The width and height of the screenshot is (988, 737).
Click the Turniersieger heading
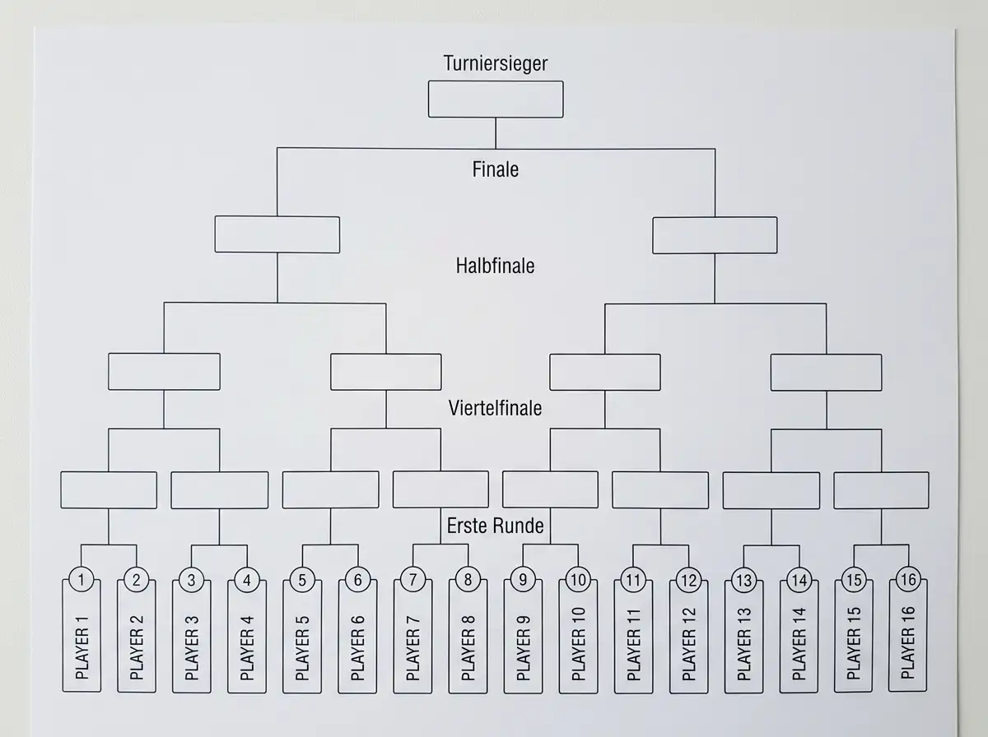tap(496, 63)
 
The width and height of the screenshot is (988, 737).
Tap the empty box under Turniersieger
tap(496, 100)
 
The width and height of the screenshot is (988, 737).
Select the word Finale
tap(495, 169)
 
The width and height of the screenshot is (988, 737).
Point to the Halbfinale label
tap(495, 266)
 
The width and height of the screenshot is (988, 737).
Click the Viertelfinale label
tap(495, 408)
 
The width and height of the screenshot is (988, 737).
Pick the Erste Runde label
tap(495, 526)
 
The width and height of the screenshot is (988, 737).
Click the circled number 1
tap(82, 580)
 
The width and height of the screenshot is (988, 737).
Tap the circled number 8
tap(468, 579)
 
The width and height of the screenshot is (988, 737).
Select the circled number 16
tap(908, 579)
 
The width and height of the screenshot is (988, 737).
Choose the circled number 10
tap(579, 580)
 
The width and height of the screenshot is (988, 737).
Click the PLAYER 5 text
tap(302, 648)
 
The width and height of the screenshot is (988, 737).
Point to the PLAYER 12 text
tap(688, 644)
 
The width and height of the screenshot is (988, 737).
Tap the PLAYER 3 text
tap(192, 648)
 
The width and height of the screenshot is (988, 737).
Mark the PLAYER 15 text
tap(854, 643)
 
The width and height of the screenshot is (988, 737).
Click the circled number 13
tap(744, 580)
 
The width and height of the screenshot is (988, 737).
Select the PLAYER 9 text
tap(523, 648)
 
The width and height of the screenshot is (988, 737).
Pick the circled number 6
tap(358, 580)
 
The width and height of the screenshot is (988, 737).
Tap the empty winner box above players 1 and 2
tap(109, 490)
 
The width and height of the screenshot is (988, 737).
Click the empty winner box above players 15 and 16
tap(881, 490)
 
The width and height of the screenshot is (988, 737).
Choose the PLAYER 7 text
tap(412, 648)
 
